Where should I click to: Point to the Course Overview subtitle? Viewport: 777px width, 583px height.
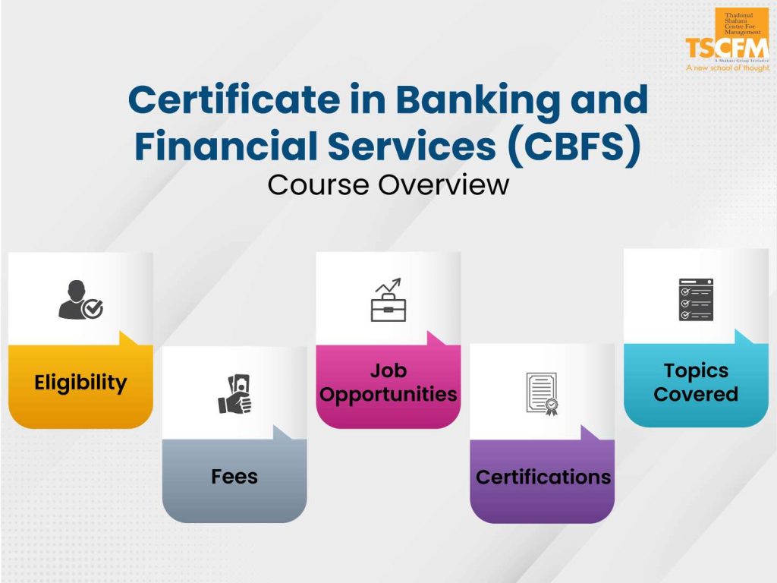388,184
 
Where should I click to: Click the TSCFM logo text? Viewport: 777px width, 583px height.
726,47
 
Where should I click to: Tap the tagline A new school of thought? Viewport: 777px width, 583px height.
727,68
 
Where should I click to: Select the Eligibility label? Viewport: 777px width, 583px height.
80,383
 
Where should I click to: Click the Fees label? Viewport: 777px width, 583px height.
234,477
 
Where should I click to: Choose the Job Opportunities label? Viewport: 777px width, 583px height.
388,383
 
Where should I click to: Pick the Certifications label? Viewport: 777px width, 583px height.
543,477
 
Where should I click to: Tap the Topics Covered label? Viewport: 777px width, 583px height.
696,383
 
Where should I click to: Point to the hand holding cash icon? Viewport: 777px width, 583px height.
234,395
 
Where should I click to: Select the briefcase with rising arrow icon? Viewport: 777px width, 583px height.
388,301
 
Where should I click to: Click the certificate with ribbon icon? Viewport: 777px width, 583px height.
543,393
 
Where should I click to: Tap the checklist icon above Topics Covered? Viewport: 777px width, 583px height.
696,299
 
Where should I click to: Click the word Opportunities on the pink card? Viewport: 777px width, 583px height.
388,395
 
